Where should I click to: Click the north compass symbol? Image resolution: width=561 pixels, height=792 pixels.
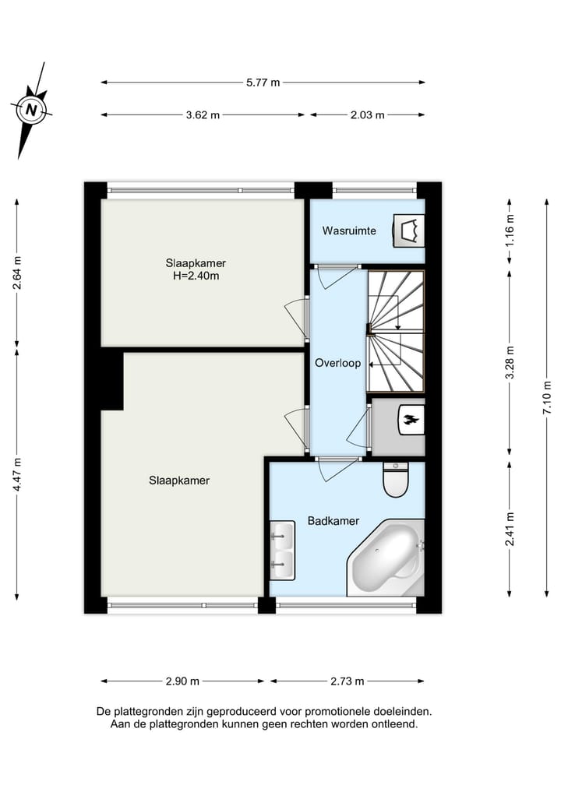pyautogui.click(x=31, y=111)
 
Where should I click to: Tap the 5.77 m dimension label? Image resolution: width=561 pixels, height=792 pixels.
pyautogui.click(x=263, y=83)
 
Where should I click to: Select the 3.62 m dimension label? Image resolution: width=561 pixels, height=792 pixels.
pyautogui.click(x=203, y=115)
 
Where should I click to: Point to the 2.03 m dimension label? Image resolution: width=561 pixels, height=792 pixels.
pyautogui.click(x=368, y=115)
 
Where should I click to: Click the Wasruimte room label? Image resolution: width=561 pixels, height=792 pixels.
pyautogui.click(x=349, y=231)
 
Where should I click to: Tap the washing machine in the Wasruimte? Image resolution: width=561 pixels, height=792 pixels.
pyautogui.click(x=407, y=231)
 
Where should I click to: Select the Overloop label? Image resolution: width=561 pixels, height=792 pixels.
pyautogui.click(x=337, y=363)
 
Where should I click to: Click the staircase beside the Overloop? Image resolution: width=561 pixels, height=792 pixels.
pyautogui.click(x=396, y=331)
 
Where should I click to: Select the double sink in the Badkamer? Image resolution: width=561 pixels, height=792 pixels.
pyautogui.click(x=281, y=549)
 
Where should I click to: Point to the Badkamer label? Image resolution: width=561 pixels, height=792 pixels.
pyautogui.click(x=333, y=521)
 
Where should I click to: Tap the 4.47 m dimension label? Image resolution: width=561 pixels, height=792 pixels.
pyautogui.click(x=17, y=475)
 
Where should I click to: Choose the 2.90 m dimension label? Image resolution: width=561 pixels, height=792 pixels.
pyautogui.click(x=182, y=681)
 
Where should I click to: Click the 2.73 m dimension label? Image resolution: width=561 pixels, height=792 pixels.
pyautogui.click(x=348, y=681)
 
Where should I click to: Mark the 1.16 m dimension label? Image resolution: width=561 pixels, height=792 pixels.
pyautogui.click(x=510, y=231)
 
